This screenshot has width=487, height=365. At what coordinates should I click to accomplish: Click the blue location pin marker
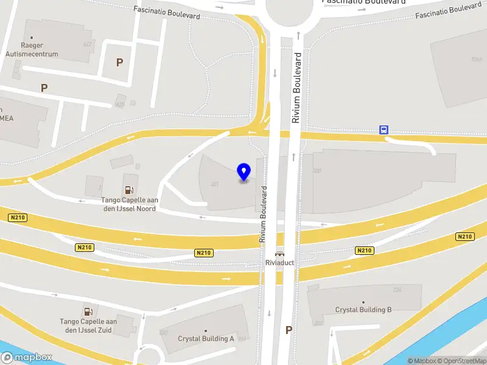pyautogui.click(x=244, y=172)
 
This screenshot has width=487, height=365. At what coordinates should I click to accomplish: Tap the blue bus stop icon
pyautogui.click(x=384, y=130)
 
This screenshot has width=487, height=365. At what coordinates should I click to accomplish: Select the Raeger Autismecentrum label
pyautogui.click(x=40, y=50)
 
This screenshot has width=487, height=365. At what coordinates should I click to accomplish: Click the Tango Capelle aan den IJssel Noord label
pyautogui.click(x=128, y=204)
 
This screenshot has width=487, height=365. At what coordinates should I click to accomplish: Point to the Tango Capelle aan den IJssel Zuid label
pyautogui.click(x=88, y=325)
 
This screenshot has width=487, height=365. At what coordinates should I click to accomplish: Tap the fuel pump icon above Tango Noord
pyautogui.click(x=128, y=190)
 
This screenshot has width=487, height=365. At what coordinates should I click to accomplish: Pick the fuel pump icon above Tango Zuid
pyautogui.click(x=88, y=311)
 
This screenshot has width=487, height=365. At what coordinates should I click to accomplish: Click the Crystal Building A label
pyautogui.click(x=206, y=339)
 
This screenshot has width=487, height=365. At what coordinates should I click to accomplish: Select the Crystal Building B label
pyautogui.click(x=363, y=310)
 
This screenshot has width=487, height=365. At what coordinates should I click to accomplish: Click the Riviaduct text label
pyautogui.click(x=279, y=263)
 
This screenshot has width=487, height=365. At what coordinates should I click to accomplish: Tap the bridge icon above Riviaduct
pyautogui.click(x=279, y=254)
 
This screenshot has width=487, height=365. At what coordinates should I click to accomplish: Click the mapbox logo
pyautogui.click(x=26, y=358)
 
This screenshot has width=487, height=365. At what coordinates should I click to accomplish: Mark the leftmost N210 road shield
pyautogui.click(x=18, y=217)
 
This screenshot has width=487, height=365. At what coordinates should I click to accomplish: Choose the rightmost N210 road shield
pyautogui.click(x=465, y=237)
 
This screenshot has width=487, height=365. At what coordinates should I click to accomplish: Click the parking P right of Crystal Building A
pyautogui.click(x=289, y=330)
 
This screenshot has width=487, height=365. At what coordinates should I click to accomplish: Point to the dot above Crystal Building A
pyautogui.click(x=206, y=331)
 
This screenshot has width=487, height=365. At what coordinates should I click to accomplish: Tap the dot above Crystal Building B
pyautogui.click(x=363, y=302)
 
